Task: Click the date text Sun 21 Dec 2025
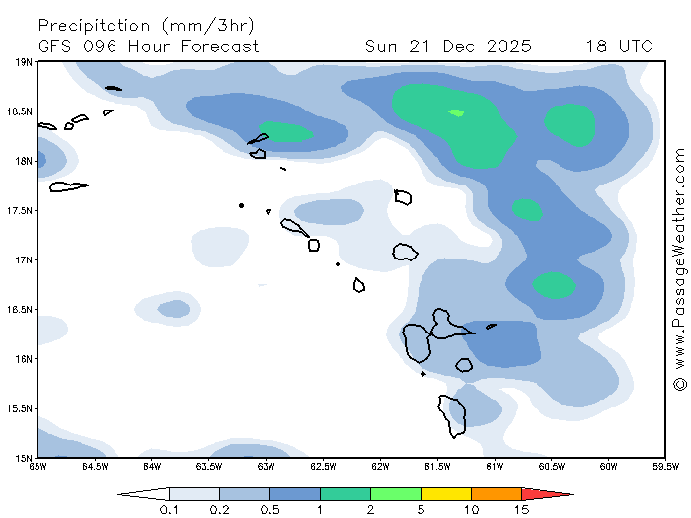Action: pos(448,46)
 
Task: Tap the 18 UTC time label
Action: pos(618,46)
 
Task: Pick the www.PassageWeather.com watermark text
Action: pos(680,257)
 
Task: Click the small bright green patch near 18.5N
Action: pos(456,112)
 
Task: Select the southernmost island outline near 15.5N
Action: pos(453,415)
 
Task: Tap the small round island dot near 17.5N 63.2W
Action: pos(241,205)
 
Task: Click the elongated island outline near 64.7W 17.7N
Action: pos(68,186)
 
